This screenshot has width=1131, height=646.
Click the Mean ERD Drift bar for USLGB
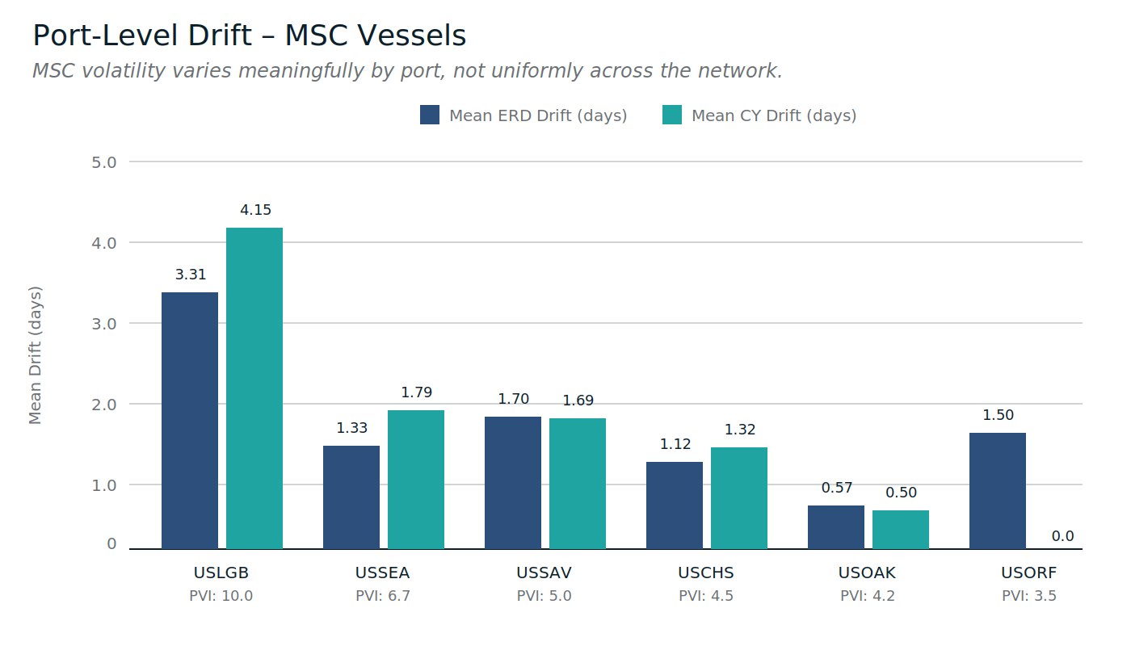(x=190, y=420)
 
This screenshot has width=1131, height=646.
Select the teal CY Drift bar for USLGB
(x=254, y=388)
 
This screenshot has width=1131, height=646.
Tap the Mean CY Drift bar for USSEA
(x=416, y=480)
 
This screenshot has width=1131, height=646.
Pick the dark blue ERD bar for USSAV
(x=513, y=483)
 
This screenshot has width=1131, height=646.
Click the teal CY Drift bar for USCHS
(x=739, y=498)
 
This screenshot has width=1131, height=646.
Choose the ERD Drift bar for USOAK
(x=836, y=527)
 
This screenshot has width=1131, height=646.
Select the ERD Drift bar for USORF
(x=998, y=491)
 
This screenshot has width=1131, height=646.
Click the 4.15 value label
(x=255, y=210)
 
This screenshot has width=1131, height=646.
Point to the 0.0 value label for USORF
(x=1063, y=536)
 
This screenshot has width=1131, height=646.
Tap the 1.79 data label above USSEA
(x=417, y=392)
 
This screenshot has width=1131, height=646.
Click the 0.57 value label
(x=837, y=488)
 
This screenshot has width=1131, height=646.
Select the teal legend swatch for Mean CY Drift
(x=672, y=115)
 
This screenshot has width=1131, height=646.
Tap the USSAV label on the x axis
(x=544, y=573)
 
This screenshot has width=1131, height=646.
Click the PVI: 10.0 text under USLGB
(x=221, y=596)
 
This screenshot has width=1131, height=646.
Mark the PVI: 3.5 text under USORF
(x=1029, y=596)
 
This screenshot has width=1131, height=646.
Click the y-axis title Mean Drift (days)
(x=36, y=355)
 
